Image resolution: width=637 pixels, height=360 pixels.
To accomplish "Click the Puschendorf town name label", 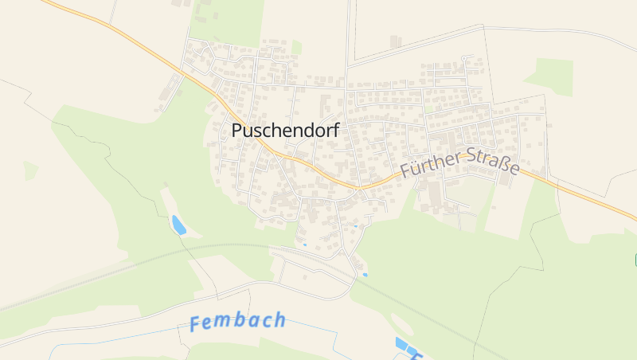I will coord(285,131).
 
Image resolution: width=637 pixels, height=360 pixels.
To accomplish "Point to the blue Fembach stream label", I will coord(237,322).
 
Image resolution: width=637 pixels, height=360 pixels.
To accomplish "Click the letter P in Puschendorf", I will coord(237,131).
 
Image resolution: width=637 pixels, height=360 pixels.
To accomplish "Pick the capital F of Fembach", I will coord(197,324).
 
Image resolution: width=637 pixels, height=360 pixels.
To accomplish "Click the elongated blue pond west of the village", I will coord(178,225).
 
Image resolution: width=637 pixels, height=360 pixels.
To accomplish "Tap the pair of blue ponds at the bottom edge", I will coord(406,346).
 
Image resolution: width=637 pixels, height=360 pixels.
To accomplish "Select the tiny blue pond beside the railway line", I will coord(365,275).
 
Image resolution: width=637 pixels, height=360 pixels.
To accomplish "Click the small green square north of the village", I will coord(296,48).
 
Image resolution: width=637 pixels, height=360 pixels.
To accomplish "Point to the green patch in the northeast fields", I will coord(549,76).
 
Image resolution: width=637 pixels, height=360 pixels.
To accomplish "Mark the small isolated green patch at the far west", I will coord(30,170).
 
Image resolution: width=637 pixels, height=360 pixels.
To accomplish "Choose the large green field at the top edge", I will coord(231,20).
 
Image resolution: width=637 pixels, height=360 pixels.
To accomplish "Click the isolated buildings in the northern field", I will coord(396,41).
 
